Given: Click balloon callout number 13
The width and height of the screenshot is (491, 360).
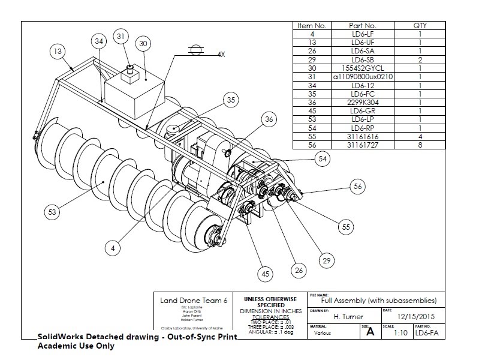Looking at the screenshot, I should [57, 52].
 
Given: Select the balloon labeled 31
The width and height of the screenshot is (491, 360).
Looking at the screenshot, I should [122, 37].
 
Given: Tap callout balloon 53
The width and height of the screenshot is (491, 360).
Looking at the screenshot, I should [53, 211].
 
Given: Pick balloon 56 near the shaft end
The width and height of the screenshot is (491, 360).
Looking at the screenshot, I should [358, 187].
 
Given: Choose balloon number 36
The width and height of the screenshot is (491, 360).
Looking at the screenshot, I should [270, 120].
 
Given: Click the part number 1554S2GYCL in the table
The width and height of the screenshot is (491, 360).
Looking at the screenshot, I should [362, 68].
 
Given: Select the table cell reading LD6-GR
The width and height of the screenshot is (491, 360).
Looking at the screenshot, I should [362, 110].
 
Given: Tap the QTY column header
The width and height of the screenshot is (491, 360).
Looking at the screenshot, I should [420, 26].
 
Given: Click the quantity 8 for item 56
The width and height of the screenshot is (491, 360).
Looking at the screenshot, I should [420, 144].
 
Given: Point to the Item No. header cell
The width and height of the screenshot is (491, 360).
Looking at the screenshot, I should [312, 26].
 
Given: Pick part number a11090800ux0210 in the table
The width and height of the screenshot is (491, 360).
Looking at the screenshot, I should [362, 77].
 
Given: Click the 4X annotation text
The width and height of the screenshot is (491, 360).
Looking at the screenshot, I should [221, 54].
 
